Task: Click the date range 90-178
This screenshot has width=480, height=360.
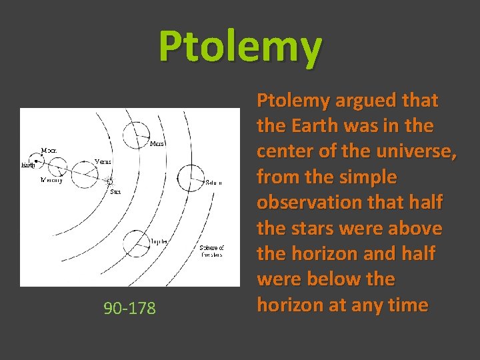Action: (x=129, y=308)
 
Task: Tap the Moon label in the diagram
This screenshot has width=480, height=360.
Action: (x=49, y=151)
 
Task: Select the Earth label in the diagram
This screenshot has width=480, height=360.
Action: (x=28, y=164)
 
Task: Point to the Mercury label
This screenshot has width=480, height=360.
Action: (x=51, y=180)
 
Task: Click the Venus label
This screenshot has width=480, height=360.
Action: (x=103, y=161)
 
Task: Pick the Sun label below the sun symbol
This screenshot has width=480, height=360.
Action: (x=115, y=191)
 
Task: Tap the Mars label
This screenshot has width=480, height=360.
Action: (x=157, y=143)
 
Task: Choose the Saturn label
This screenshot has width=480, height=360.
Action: (x=213, y=182)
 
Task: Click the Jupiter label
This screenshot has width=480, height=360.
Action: (x=159, y=241)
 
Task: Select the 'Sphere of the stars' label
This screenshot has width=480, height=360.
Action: (x=212, y=252)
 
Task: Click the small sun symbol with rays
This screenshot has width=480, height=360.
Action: (x=111, y=181)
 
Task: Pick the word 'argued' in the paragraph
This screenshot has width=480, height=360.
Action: (x=361, y=101)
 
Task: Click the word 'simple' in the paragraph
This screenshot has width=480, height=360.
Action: (x=373, y=177)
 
